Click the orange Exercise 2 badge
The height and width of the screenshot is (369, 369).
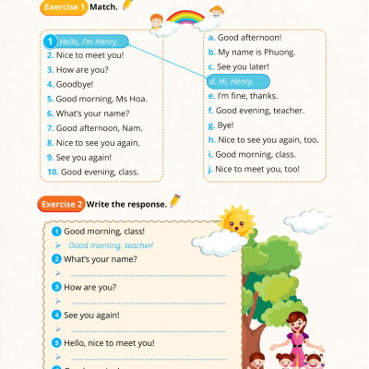[x=63, y=203]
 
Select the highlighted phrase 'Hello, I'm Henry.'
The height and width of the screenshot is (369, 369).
[x=89, y=42]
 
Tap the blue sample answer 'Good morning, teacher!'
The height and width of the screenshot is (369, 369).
[x=111, y=245]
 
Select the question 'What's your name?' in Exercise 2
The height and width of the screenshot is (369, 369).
[x=101, y=259]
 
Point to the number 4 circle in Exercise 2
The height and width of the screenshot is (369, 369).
[x=56, y=315]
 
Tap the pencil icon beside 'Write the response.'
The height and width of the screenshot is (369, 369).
[x=175, y=202]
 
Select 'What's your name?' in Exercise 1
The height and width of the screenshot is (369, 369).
[x=85, y=113]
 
